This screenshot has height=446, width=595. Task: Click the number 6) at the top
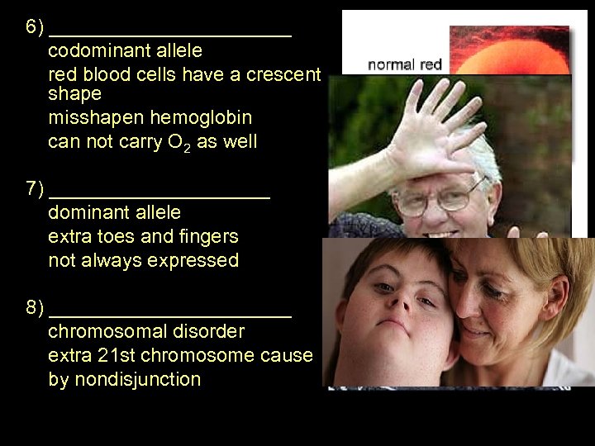[x=34, y=27]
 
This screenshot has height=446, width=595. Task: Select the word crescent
[x=285, y=75]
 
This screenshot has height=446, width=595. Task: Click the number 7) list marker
[x=34, y=189]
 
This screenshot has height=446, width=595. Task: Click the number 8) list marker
[x=34, y=309]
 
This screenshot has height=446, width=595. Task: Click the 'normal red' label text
[x=404, y=64]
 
